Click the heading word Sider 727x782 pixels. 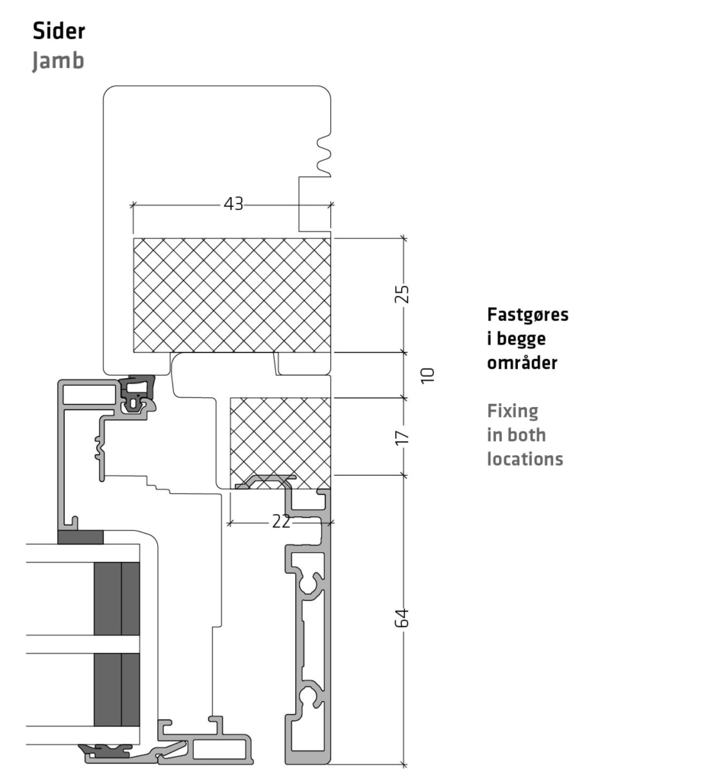pyautogui.click(x=59, y=31)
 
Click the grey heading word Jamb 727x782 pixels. pyautogui.click(x=58, y=61)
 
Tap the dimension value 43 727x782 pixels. pyautogui.click(x=233, y=203)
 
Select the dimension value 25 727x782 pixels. pyautogui.click(x=401, y=294)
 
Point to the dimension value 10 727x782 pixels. pyautogui.click(x=427, y=375)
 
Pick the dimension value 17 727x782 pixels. pyautogui.click(x=401, y=438)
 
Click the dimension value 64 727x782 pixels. pyautogui.click(x=401, y=618)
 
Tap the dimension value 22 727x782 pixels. pyautogui.click(x=281, y=522)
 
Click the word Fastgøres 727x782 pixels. pyautogui.click(x=528, y=315)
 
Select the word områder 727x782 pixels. pyautogui.click(x=523, y=363)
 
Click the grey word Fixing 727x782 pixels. pyautogui.click(x=513, y=412)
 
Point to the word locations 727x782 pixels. pyautogui.click(x=525, y=459)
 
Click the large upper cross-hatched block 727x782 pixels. pyautogui.click(x=232, y=296)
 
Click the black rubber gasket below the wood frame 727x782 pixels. pyautogui.click(x=137, y=393)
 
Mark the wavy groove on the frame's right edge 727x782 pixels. pyautogui.click(x=323, y=154)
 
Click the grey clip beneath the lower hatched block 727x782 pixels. pyautogui.click(x=265, y=482)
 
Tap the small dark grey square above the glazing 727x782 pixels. pyautogui.click(x=80, y=537)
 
